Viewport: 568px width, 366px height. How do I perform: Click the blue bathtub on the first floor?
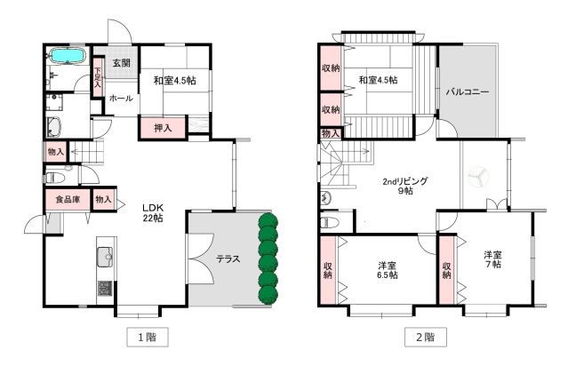(68, 56)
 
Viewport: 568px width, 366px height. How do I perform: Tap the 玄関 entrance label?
(122, 63)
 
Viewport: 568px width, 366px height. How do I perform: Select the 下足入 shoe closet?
(98, 77)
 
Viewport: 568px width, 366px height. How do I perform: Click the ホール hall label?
(121, 98)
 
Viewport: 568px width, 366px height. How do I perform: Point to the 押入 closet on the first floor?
(163, 127)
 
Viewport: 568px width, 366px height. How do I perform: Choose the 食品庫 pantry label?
(68, 199)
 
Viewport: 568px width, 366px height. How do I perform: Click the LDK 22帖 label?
(153, 213)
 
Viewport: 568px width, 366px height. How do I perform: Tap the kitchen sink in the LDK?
(105, 257)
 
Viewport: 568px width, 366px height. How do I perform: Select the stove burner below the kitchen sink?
(105, 289)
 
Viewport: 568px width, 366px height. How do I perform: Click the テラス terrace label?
(228, 259)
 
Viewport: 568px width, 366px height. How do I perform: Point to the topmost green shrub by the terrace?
(268, 221)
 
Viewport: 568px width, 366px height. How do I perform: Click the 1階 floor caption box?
(148, 338)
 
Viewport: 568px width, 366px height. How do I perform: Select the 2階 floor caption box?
(426, 338)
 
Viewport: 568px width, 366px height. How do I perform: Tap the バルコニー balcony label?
(468, 91)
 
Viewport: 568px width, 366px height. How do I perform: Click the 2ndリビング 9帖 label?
(405, 186)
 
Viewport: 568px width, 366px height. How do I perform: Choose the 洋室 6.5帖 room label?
(388, 270)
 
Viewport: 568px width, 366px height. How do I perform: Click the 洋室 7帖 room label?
(492, 259)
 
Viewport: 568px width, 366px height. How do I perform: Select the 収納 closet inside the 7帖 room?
(446, 270)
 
